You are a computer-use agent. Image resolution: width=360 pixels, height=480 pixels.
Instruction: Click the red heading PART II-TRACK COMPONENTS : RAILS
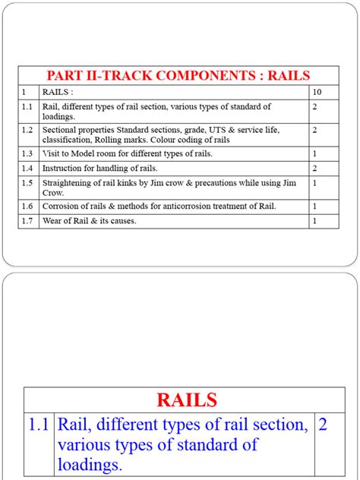point(178,75)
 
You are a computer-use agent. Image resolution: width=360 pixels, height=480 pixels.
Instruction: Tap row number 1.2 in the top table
point(27,131)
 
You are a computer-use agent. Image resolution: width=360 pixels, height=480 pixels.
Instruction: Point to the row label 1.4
point(27,168)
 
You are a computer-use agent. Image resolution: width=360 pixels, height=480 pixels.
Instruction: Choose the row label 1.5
point(27,183)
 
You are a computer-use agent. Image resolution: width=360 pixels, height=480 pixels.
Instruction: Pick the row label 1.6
point(27,207)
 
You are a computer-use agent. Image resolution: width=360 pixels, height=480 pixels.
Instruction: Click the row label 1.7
point(27,221)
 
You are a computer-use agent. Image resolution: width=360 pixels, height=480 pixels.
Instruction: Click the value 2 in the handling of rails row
point(314,168)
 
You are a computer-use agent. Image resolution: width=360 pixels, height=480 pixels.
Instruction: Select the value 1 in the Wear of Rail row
point(314,221)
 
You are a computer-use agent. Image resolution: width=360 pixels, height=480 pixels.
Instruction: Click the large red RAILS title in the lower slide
point(186,399)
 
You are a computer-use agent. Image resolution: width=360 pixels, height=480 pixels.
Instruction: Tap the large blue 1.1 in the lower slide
point(38,425)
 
